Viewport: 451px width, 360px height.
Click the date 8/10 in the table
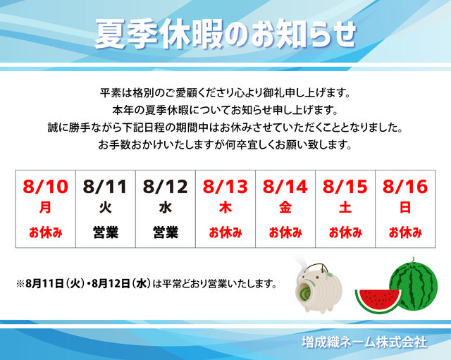coord(45,187)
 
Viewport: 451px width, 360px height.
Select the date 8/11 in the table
coord(105,187)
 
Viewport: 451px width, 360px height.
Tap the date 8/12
coord(166,187)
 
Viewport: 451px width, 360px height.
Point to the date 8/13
coord(225,187)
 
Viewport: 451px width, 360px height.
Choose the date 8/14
coord(285,187)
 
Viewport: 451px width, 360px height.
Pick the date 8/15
coord(345,187)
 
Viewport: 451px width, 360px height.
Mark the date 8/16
coord(405,187)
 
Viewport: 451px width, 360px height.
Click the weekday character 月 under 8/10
coord(45,207)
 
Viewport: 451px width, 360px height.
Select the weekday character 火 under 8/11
coord(106,207)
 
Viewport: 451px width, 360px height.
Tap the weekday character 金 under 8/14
coord(285,207)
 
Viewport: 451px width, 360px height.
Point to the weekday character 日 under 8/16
coord(405,207)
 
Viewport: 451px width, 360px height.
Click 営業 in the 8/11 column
coord(106,232)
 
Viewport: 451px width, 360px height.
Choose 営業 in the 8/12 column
coord(166,232)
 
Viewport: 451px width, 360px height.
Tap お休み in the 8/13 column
coord(225,232)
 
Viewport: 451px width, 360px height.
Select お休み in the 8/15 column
coord(345,232)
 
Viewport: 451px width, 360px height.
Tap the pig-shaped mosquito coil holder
coord(319,288)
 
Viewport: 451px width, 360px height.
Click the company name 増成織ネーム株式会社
coord(364,342)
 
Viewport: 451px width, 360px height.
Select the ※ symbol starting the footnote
coord(20,284)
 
